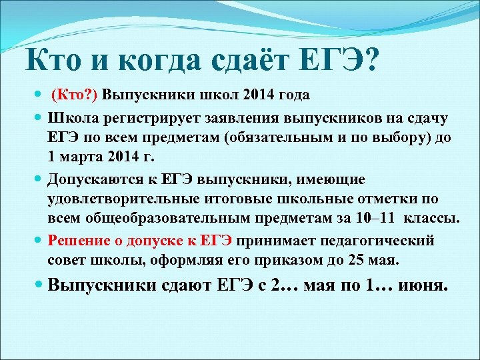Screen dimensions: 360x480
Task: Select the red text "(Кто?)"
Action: [75, 95]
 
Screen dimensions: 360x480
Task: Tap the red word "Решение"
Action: [79, 240]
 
